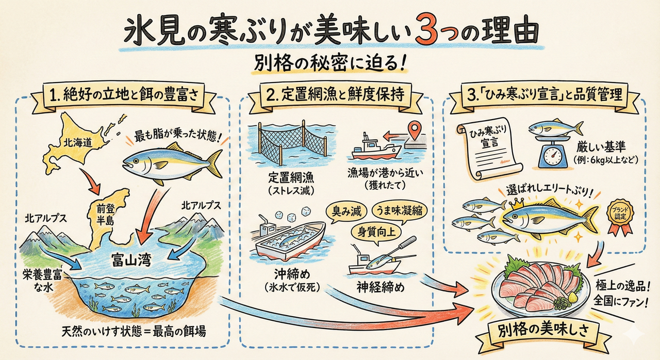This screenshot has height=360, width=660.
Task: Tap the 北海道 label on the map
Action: pos(78,143)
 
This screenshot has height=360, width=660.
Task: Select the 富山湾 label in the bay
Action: pos(131,260)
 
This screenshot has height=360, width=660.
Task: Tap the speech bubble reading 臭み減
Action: pos(346,211)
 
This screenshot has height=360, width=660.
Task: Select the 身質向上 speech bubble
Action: pos(376,233)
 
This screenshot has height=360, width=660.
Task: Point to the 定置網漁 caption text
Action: pos(291,178)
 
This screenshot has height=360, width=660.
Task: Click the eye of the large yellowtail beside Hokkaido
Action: pos(136,161)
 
